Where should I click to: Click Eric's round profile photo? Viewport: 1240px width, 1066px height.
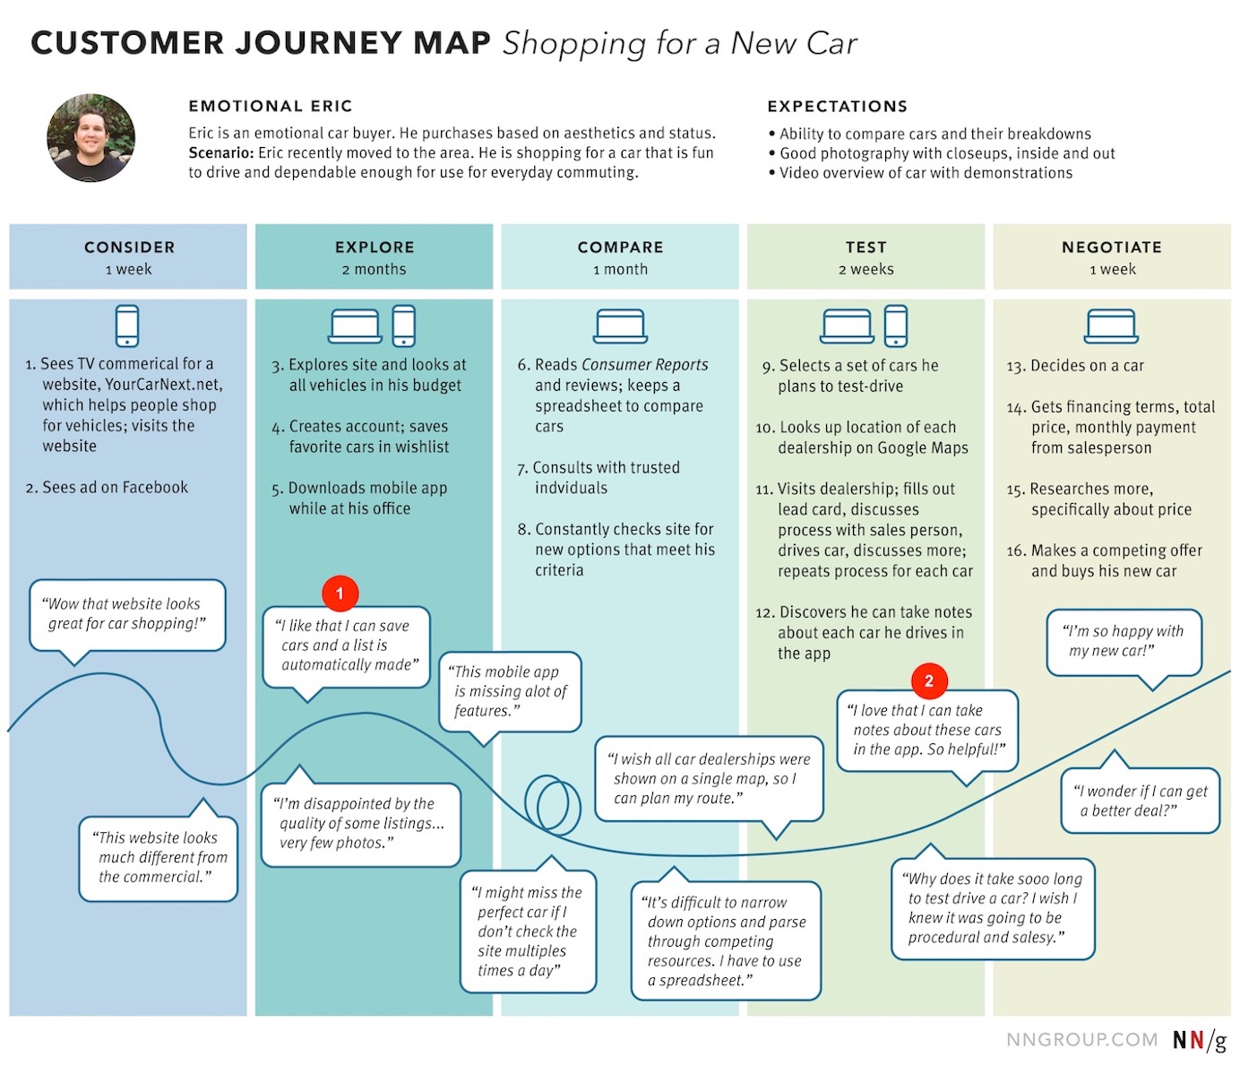91,138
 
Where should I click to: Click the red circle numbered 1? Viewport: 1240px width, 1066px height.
340,593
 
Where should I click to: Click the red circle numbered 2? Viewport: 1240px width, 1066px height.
928,680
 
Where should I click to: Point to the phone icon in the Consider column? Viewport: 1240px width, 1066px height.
127,325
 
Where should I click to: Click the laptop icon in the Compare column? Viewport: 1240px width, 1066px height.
620,326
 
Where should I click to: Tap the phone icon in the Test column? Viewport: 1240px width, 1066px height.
895,325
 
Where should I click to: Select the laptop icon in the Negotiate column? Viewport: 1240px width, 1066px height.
1111,326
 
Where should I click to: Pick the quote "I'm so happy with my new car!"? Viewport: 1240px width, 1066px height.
1123,641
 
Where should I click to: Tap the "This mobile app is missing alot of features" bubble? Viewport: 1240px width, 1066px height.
510,691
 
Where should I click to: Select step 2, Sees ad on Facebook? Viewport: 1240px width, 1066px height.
108,488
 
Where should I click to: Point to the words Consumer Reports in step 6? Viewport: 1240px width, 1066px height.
645,365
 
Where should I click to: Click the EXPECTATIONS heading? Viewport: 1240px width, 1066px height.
837,107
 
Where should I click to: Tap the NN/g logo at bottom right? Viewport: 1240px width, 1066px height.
1200,1040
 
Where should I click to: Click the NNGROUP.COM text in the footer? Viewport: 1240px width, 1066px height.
1081,1040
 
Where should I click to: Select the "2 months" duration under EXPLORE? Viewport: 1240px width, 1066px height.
374,270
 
